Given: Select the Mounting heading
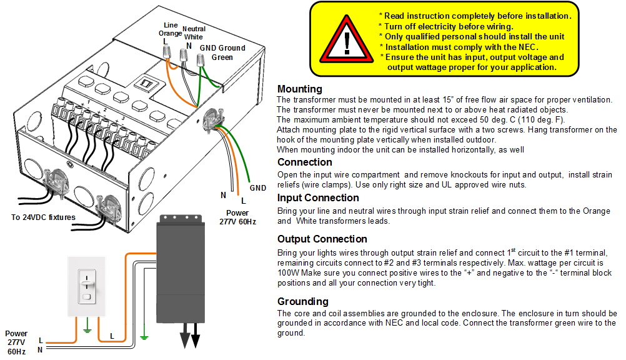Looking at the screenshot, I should pos(299,89).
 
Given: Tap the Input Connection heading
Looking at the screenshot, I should pos(318,198).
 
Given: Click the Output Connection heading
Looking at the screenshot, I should pos(322,239).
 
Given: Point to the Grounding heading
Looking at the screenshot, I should pos(302,301).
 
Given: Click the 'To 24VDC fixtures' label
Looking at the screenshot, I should pos(43,217).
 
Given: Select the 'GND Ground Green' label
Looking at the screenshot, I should pos(222,52).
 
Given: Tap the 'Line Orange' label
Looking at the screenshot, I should pos(169,29).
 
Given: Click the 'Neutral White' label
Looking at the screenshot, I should pos(193,32).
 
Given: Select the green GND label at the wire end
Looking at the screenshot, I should pos(257,187).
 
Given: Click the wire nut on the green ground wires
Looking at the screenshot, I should pos(201,62).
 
